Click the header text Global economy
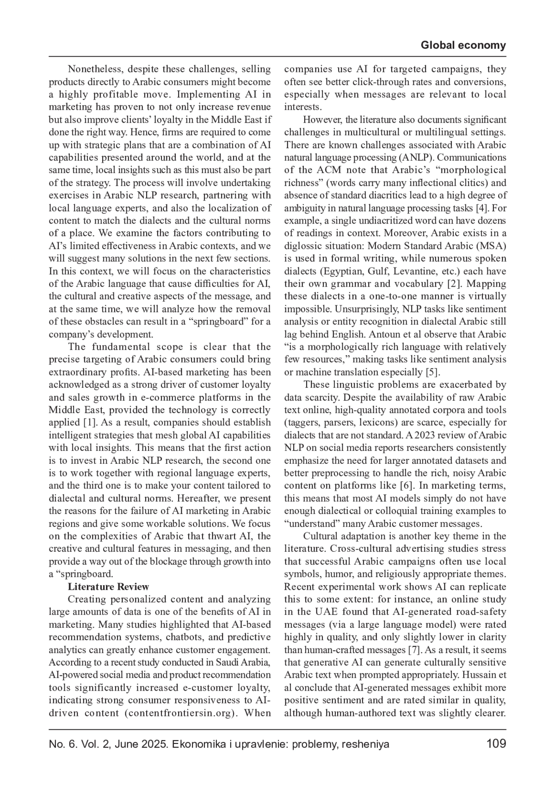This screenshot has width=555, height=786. click(x=463, y=45)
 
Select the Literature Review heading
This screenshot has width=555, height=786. click(x=108, y=587)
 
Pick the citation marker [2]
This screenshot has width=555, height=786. click(x=454, y=284)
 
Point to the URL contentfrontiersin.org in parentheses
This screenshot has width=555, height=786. click(x=184, y=713)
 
